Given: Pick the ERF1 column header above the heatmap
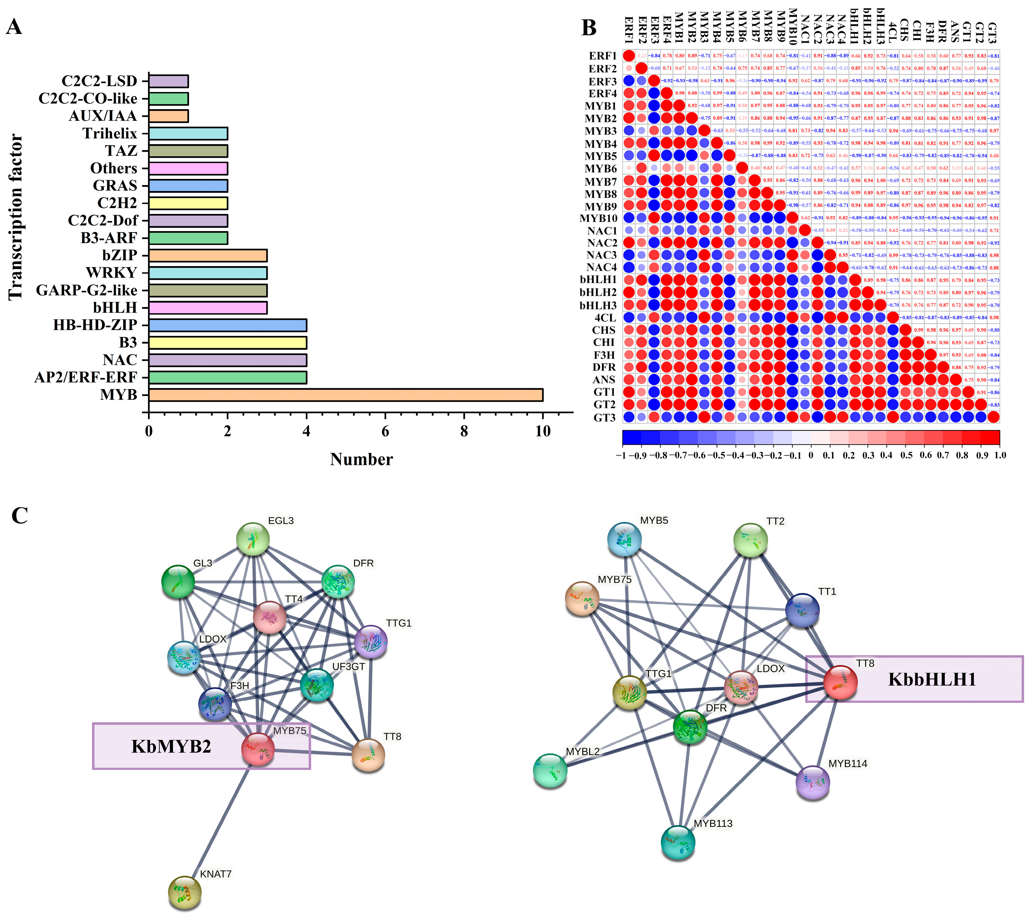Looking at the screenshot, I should pyautogui.click(x=629, y=30).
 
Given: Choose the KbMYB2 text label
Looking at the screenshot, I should pyautogui.click(x=171, y=746).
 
